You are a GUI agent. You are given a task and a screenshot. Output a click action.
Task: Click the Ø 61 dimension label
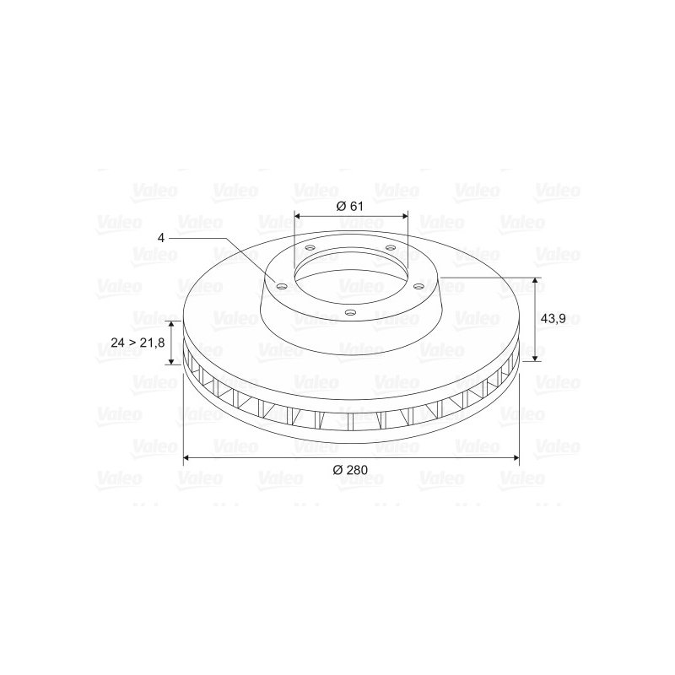pyautogui.click(x=349, y=207)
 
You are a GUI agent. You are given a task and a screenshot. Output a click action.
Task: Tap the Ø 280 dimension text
pyautogui.click(x=351, y=470)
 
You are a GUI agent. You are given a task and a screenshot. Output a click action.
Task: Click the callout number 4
pyautogui.click(x=160, y=238)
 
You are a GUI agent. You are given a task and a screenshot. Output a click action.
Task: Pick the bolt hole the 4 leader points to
pyautogui.click(x=282, y=285)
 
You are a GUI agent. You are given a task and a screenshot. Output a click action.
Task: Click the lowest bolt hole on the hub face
pyautogui.click(x=351, y=313)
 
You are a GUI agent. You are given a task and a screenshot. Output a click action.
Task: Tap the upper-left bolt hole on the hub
pyautogui.click(x=310, y=247)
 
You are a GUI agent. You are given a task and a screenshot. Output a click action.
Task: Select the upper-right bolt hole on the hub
pyautogui.click(x=390, y=247)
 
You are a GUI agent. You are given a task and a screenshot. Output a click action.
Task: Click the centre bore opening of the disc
pyautogui.click(x=350, y=278)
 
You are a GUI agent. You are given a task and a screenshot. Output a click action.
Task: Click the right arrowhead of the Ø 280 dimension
pyautogui.click(x=515, y=457)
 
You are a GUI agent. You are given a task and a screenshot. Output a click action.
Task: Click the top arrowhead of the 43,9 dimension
pyautogui.click(x=535, y=281)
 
